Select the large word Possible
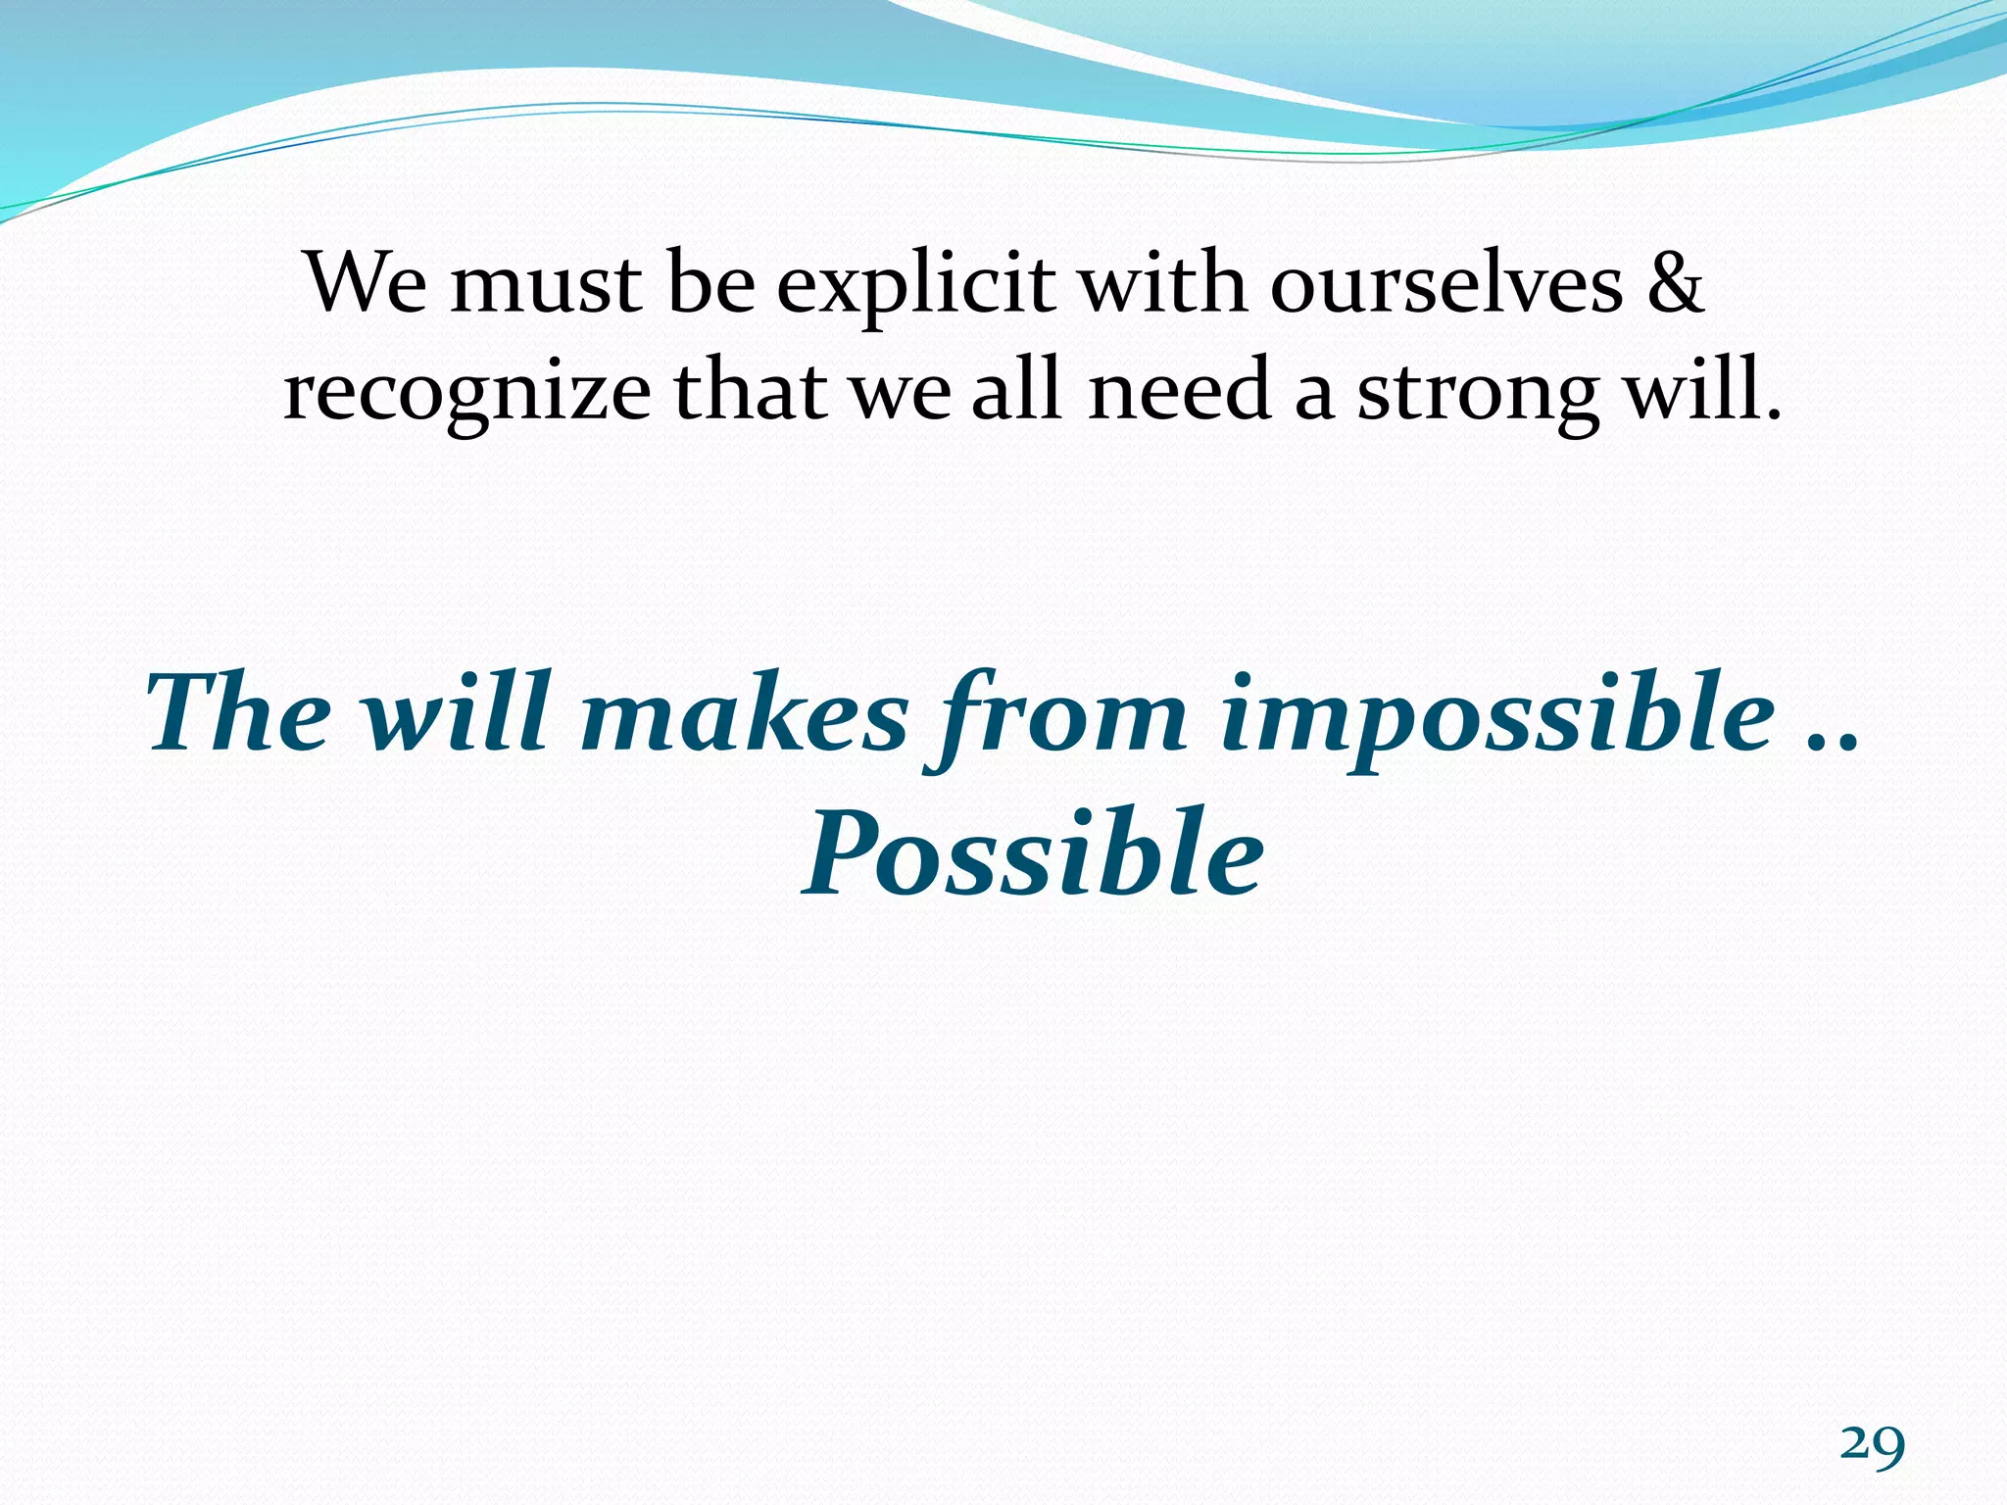[1033, 852]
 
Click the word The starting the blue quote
[239, 713]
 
